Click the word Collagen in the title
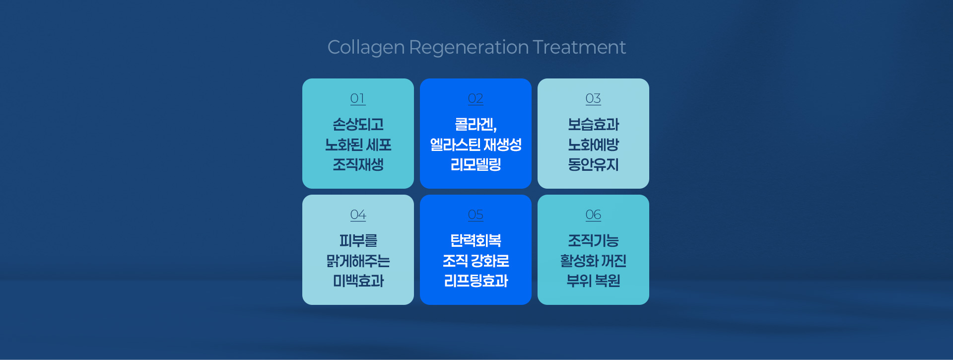coord(366,48)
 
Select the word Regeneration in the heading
coord(469,48)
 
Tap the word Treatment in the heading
coord(579,47)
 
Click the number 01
coord(358,98)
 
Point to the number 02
coord(476,98)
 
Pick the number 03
coord(593,98)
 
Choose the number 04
coord(358,215)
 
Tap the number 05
coord(476,215)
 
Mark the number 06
coord(593,215)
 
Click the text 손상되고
coord(358,124)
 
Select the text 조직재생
coord(358,164)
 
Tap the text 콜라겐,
coord(476,124)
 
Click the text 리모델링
coord(476,164)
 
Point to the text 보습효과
coord(593,124)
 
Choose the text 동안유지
coord(593,164)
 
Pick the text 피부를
coord(358,240)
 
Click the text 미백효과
coord(358,281)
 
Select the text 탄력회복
coord(476,240)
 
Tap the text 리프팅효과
coord(476,281)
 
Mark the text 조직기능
coord(593,240)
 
